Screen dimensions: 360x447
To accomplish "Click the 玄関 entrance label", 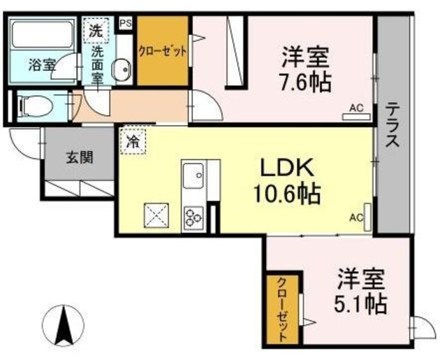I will [x=80, y=157].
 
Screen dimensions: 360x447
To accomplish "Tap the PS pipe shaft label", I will [x=126, y=23].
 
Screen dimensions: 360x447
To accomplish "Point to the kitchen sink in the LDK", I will [x=193, y=175].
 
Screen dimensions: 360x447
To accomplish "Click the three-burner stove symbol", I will [x=193, y=219].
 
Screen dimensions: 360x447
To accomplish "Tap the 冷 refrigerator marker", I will [x=133, y=141].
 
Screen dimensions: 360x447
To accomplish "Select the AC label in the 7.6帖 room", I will [x=356, y=108].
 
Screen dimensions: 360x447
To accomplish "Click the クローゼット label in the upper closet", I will [x=163, y=50].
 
